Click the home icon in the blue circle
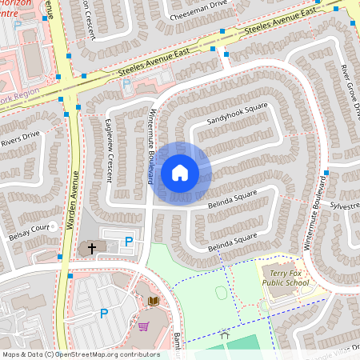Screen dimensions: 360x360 click(x=180, y=172)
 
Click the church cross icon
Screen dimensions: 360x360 click(x=91, y=249)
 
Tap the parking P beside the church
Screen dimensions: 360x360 click(x=128, y=241)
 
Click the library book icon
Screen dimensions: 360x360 click(x=154, y=301)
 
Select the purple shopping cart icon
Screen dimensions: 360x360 click(x=144, y=326)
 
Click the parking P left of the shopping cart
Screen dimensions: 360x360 click(x=103, y=314)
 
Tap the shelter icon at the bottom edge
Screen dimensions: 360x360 click(x=225, y=338)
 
